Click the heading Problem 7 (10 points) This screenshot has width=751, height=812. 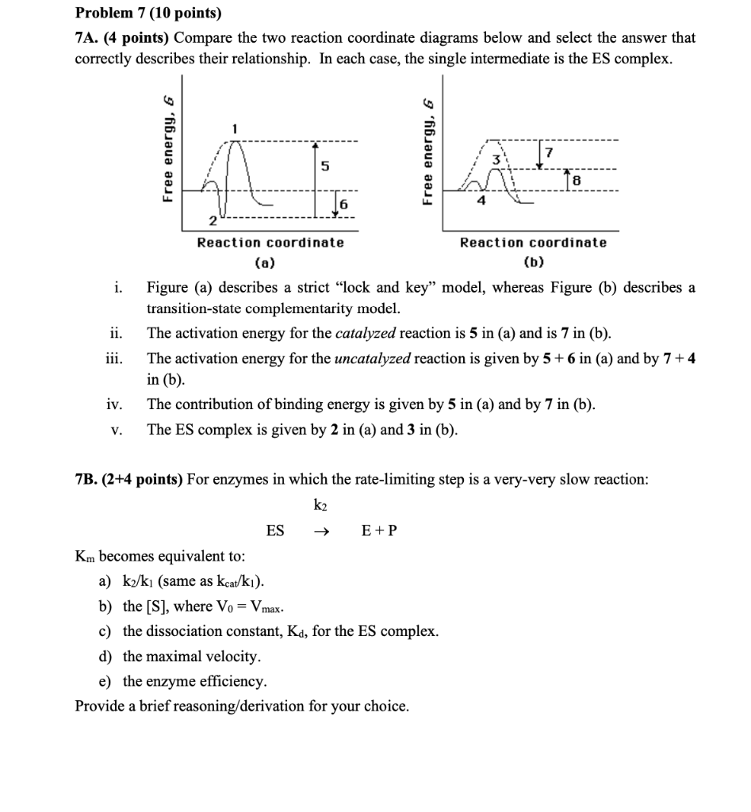[x=148, y=13]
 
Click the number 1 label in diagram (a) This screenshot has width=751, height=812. [x=235, y=128]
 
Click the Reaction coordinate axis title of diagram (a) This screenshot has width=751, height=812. [x=270, y=243]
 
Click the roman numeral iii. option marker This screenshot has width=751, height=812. [x=114, y=358]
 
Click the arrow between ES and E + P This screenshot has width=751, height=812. [x=320, y=530]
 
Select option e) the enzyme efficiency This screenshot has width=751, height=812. [x=194, y=681]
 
